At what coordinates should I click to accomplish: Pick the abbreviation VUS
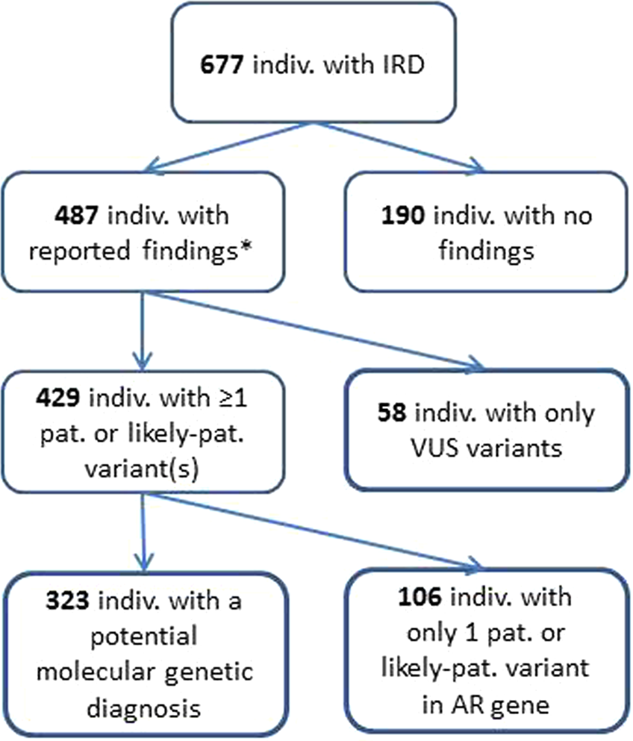coord(401,447)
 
